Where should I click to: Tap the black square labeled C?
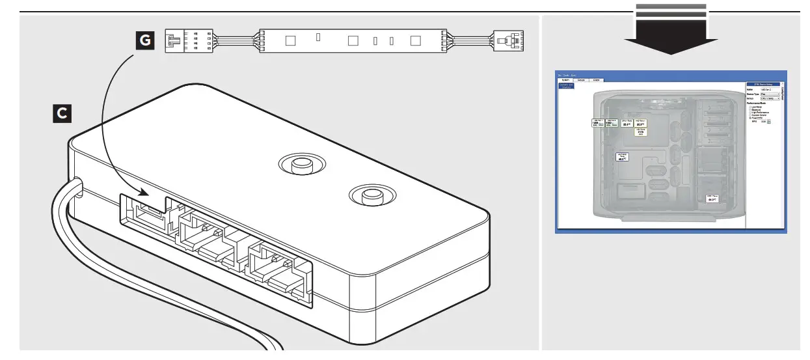(62, 113)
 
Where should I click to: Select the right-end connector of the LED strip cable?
(508, 41)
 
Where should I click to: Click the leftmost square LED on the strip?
(290, 41)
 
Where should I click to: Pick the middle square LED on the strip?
(354, 41)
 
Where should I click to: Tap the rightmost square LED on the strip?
(416, 41)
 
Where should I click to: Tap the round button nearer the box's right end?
(370, 195)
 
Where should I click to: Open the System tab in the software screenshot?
(566, 79)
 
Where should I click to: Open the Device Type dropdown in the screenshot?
(769, 94)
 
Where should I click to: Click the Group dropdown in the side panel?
(769, 98)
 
